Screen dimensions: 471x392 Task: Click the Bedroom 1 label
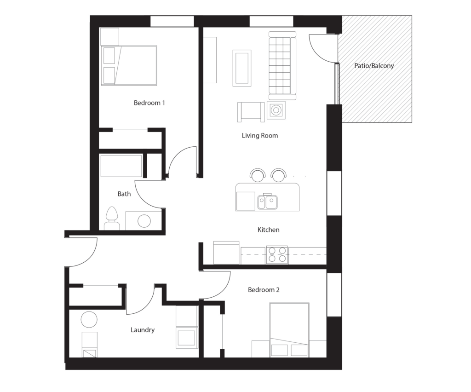click(149, 103)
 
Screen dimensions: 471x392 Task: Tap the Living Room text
click(260, 135)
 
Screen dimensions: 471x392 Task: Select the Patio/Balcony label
click(374, 66)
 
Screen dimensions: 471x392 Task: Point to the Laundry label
click(143, 330)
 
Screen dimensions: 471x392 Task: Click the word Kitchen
click(268, 230)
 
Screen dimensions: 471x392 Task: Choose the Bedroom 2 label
click(264, 290)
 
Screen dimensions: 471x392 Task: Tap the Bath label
click(124, 194)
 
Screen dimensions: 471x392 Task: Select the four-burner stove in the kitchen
click(276, 255)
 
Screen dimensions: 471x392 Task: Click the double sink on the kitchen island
click(267, 202)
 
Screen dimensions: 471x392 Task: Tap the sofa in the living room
click(282, 65)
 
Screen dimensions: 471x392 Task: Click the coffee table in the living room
click(242, 68)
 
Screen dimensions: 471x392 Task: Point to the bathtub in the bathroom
click(121, 166)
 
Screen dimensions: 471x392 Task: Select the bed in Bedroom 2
click(289, 330)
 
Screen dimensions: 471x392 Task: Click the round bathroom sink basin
click(144, 221)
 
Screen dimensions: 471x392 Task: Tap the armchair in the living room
click(251, 112)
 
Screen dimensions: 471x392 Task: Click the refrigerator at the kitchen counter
click(227, 253)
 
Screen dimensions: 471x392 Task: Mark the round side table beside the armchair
click(276, 110)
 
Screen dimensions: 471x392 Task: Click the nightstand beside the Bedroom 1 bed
click(109, 37)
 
